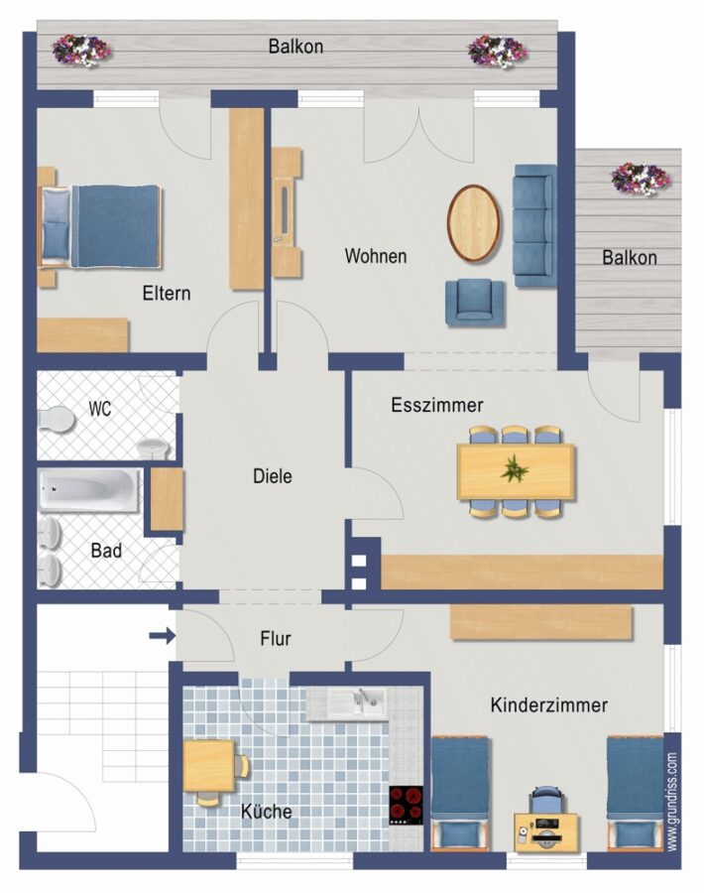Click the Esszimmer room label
[437, 405]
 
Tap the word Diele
[273, 476]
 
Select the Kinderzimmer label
[549, 705]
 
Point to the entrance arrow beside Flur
[163, 636]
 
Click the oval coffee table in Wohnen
[474, 223]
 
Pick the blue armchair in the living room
[475, 303]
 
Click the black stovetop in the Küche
[406, 805]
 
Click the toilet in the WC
[57, 421]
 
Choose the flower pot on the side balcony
[641, 179]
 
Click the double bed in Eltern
[99, 226]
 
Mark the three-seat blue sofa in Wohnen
[535, 226]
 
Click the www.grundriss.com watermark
[672, 802]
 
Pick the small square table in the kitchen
[208, 766]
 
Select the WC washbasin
[153, 448]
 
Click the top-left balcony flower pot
[81, 51]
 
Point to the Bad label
[106, 550]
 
